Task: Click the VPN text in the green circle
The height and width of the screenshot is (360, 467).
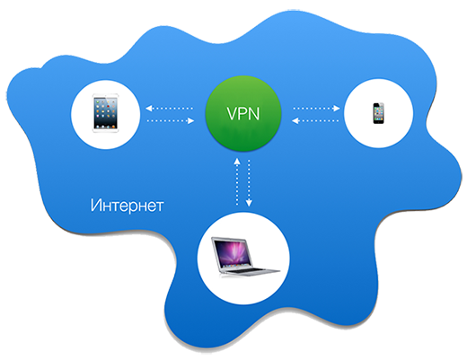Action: [243, 114]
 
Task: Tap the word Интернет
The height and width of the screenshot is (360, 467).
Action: [127, 206]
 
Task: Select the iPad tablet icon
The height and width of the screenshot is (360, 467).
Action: [105, 113]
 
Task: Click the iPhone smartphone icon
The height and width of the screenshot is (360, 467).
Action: [378, 113]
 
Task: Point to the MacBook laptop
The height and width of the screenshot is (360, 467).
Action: [245, 257]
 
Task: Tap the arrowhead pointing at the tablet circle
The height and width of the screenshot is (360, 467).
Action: [149, 108]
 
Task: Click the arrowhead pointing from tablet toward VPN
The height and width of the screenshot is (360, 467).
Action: [190, 121]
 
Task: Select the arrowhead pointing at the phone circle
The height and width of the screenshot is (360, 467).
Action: [337, 108]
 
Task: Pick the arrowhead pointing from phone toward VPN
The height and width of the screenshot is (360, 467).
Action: [295, 121]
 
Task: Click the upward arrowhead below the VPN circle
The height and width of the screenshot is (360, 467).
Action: [237, 162]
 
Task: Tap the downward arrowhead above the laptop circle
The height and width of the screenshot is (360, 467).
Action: [249, 203]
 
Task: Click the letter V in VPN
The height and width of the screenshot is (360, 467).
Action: [233, 114]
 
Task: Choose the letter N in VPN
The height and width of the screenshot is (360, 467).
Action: [254, 114]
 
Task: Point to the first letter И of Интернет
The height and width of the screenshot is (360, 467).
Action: [96, 205]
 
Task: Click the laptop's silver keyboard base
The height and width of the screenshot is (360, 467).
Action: [252, 271]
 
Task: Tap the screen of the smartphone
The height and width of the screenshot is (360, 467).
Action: [378, 113]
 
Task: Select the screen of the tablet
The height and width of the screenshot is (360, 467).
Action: [105, 113]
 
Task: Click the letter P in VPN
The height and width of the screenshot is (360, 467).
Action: [243, 114]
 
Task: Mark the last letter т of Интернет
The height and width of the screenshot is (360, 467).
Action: [159, 206]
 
